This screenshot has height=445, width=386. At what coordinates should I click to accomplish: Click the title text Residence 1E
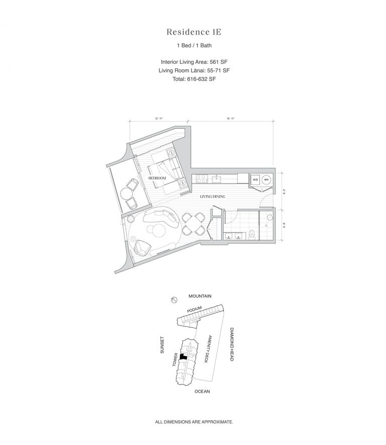point(194,32)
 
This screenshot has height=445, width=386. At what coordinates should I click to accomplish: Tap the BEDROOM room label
point(157,179)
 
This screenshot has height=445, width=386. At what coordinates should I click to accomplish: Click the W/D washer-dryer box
point(255,180)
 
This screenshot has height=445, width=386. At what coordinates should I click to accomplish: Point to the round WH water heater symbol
point(267,180)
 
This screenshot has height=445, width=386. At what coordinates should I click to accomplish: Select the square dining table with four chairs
point(193,223)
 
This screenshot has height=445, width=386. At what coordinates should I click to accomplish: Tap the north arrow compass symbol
point(174,301)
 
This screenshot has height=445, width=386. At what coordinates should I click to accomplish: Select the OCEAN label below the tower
point(201,391)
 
